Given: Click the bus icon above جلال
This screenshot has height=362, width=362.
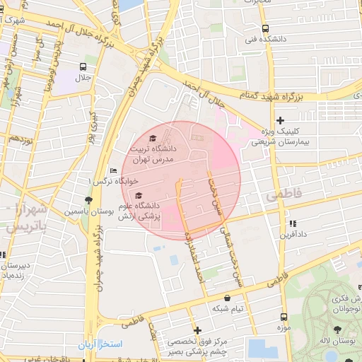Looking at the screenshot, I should pyautogui.click(x=83, y=66).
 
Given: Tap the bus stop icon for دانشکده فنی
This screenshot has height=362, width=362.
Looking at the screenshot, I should pyautogui.click(x=265, y=29).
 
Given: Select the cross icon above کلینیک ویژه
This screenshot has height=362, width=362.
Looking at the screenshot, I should pyautogui.click(x=281, y=120).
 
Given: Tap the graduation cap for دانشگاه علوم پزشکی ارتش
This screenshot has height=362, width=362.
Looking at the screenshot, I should pyautogui.click(x=139, y=195).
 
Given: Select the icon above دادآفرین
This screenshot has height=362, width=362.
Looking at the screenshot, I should pyautogui.click(x=291, y=223).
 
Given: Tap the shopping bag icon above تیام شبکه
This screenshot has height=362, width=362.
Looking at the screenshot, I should pyautogui.click(x=227, y=298).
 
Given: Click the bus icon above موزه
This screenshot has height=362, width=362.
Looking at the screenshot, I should pyautogui.click(x=284, y=317).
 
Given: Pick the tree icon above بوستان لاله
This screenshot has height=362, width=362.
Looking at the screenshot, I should pyautogui.click(x=337, y=329).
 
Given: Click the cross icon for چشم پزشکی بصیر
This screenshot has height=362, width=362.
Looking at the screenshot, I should pyautogui.click(x=197, y=330).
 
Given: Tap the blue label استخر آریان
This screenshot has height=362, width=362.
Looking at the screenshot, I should pyautogui.click(x=102, y=344).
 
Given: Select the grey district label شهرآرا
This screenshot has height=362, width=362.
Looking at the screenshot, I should pyautogui.click(x=29, y=210).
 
